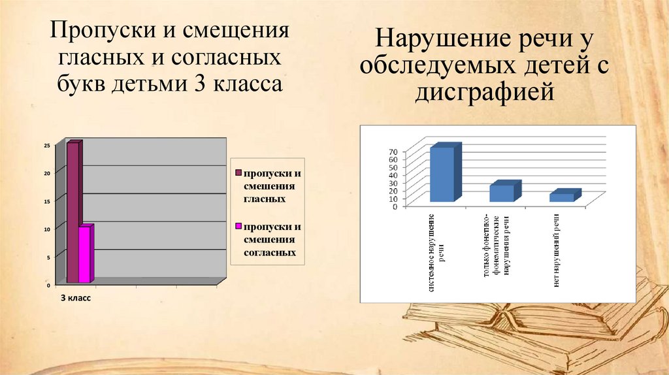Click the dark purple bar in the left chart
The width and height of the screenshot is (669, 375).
coord(73,212)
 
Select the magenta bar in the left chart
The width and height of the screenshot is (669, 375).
coord(84,254)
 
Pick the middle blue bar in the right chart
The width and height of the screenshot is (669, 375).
coord(502,193)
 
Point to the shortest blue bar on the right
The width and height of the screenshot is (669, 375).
coord(562,197)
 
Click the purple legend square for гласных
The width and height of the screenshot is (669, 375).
coord(238,173)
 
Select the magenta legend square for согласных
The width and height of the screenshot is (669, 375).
coord(238,227)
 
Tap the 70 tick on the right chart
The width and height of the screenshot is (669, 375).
coord(393,153)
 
